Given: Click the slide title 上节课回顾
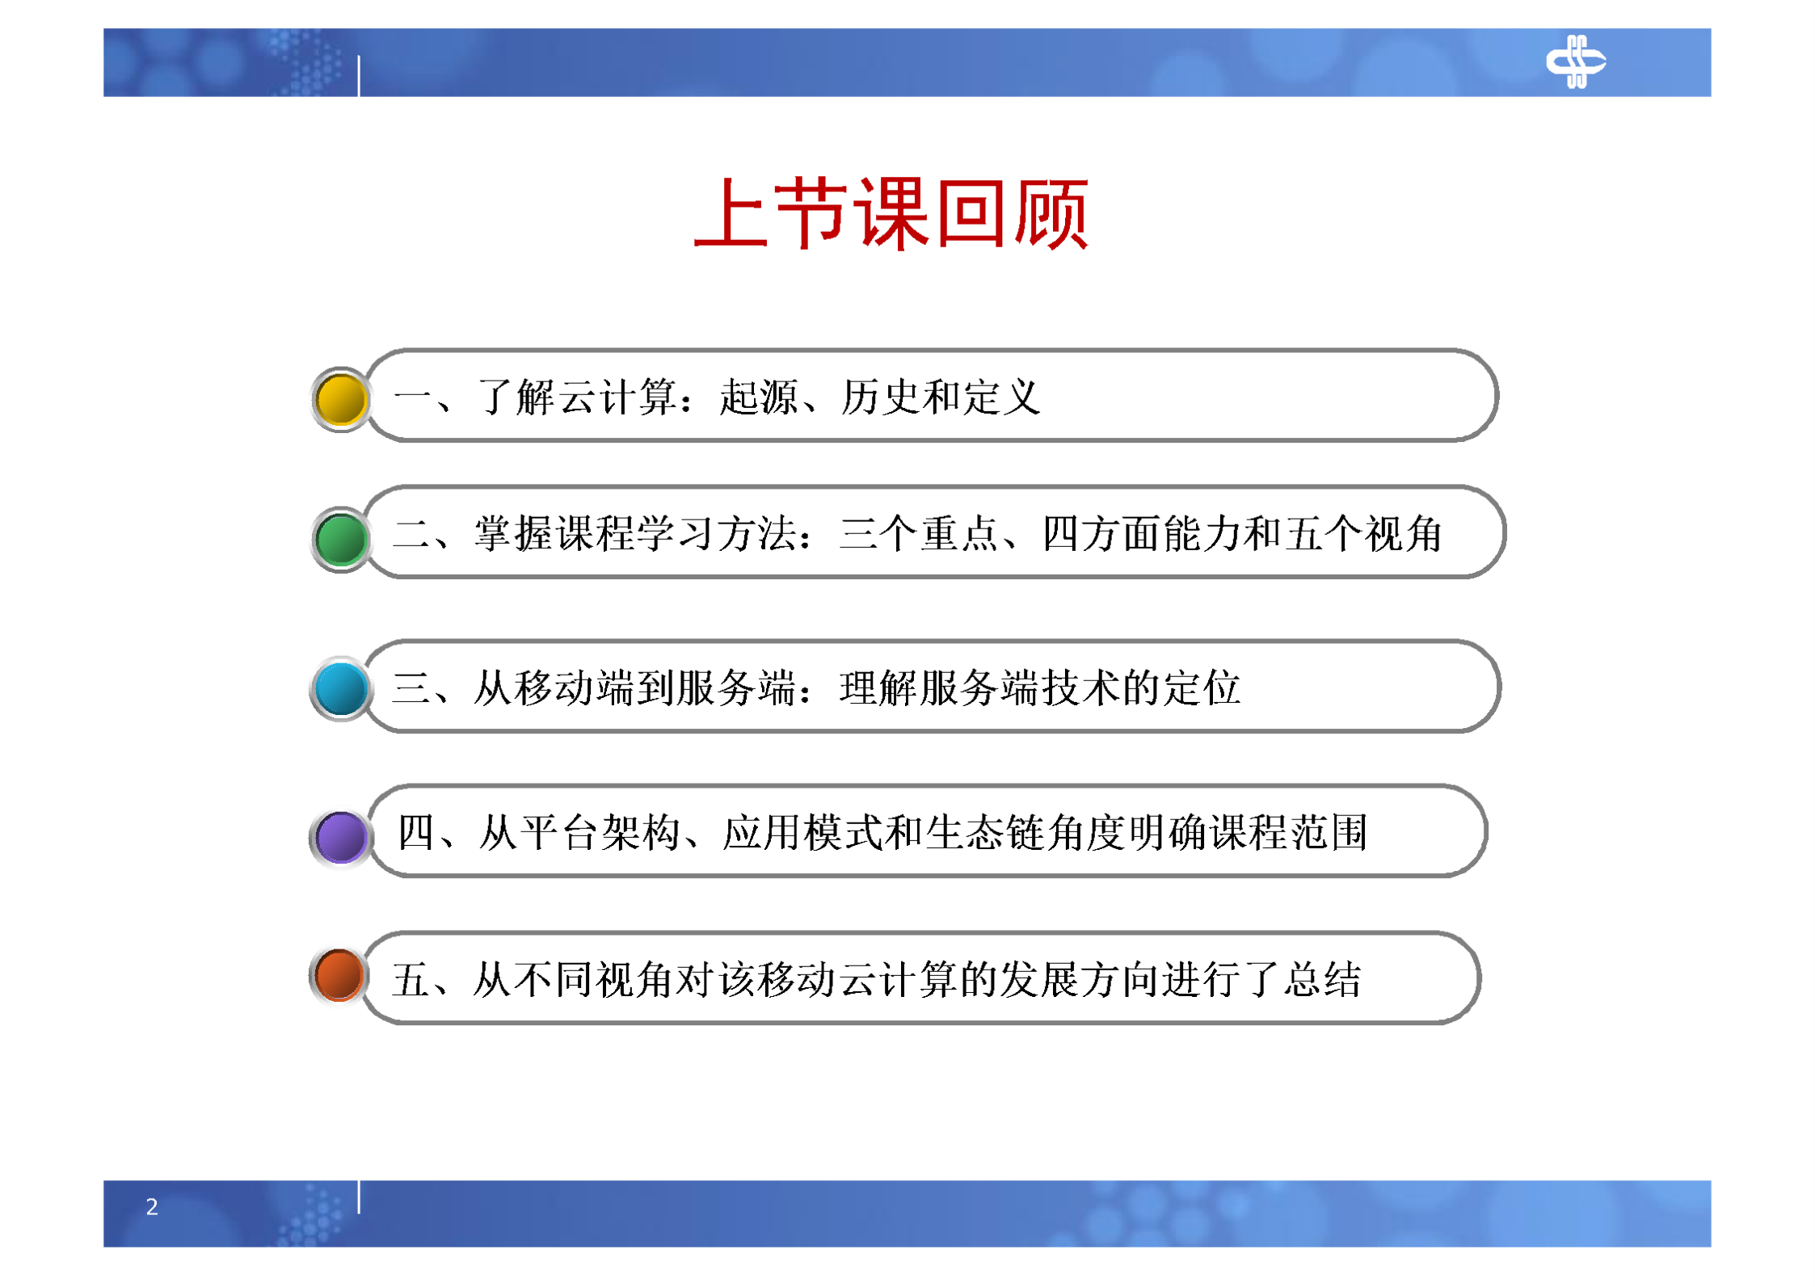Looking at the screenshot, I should [x=891, y=213].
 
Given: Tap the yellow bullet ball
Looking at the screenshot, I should [x=340, y=399].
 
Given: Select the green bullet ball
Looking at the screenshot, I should [x=340, y=539].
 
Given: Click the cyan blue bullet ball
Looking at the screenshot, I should [x=340, y=688].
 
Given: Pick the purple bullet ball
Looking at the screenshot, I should [x=340, y=836].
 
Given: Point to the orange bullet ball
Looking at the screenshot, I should [x=339, y=974].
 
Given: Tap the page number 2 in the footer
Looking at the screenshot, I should [x=152, y=1206].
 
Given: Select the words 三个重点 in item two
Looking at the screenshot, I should [x=918, y=534].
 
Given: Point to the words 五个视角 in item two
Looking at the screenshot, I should [x=1363, y=534].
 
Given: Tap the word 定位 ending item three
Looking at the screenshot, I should [x=1201, y=688].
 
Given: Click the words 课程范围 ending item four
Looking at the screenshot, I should [x=1288, y=833].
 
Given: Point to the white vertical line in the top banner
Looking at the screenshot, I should [x=359, y=76].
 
